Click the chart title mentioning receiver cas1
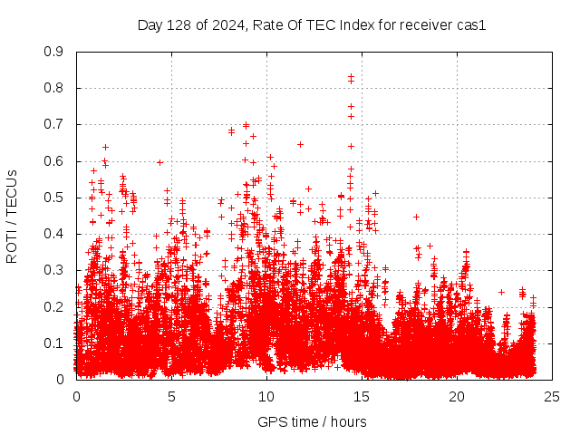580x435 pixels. point(312,25)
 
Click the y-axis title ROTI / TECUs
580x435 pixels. point(12,216)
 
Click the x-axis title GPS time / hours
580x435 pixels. point(312,421)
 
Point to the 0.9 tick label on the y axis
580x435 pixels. point(54,52)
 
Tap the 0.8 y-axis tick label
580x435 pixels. point(54,88)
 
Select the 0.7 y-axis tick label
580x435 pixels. point(54,124)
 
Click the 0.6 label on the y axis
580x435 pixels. point(54,160)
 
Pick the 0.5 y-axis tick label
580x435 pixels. point(54,197)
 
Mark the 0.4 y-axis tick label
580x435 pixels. point(54,234)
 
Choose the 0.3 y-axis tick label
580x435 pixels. point(54,270)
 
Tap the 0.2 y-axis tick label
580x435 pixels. point(54,306)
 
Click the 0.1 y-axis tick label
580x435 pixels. point(54,343)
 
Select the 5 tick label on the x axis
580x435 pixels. point(171,397)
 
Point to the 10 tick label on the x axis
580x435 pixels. point(266,397)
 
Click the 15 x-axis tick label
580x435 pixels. point(362,397)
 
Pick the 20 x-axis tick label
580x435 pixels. point(457,397)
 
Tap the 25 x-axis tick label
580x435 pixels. point(552,397)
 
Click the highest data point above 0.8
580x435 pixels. point(351,77)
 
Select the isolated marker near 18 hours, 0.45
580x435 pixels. point(416,217)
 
